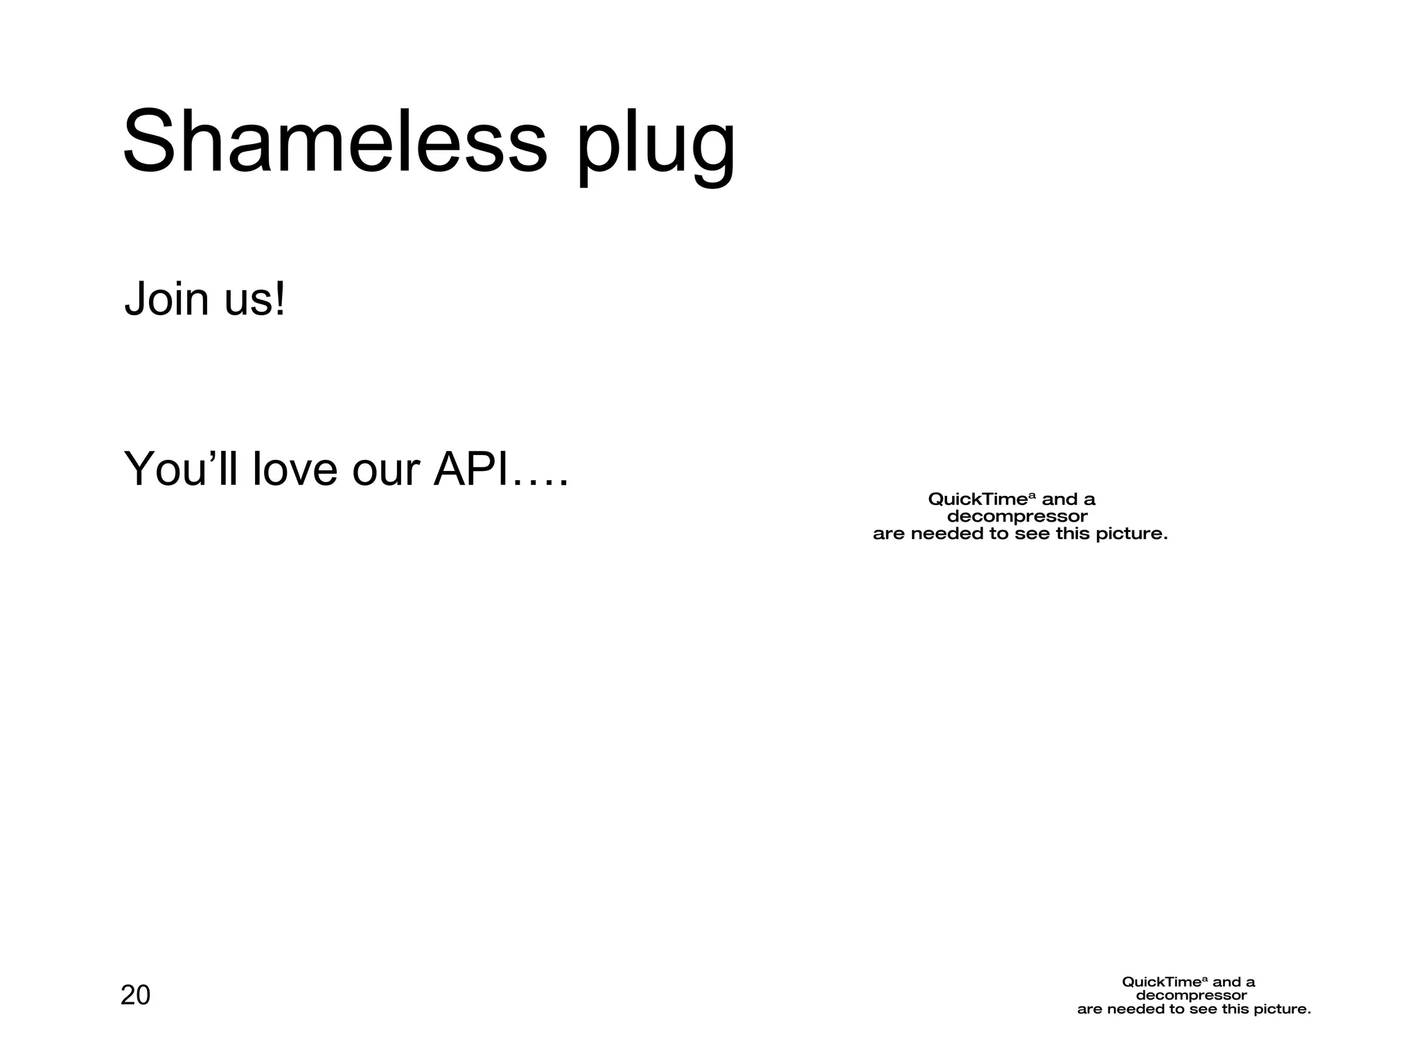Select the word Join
(x=166, y=299)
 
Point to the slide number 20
(x=135, y=995)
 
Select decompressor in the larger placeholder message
(x=1017, y=517)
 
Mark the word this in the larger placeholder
(x=1073, y=534)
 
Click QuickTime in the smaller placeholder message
(x=1161, y=982)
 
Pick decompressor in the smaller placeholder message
(x=1192, y=996)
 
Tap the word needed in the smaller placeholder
(x=1136, y=1009)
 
